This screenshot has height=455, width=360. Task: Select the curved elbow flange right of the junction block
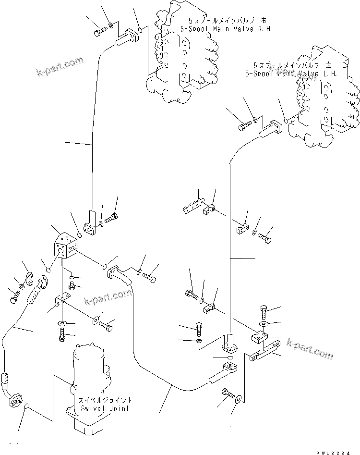pyautogui.click(x=120, y=274)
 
